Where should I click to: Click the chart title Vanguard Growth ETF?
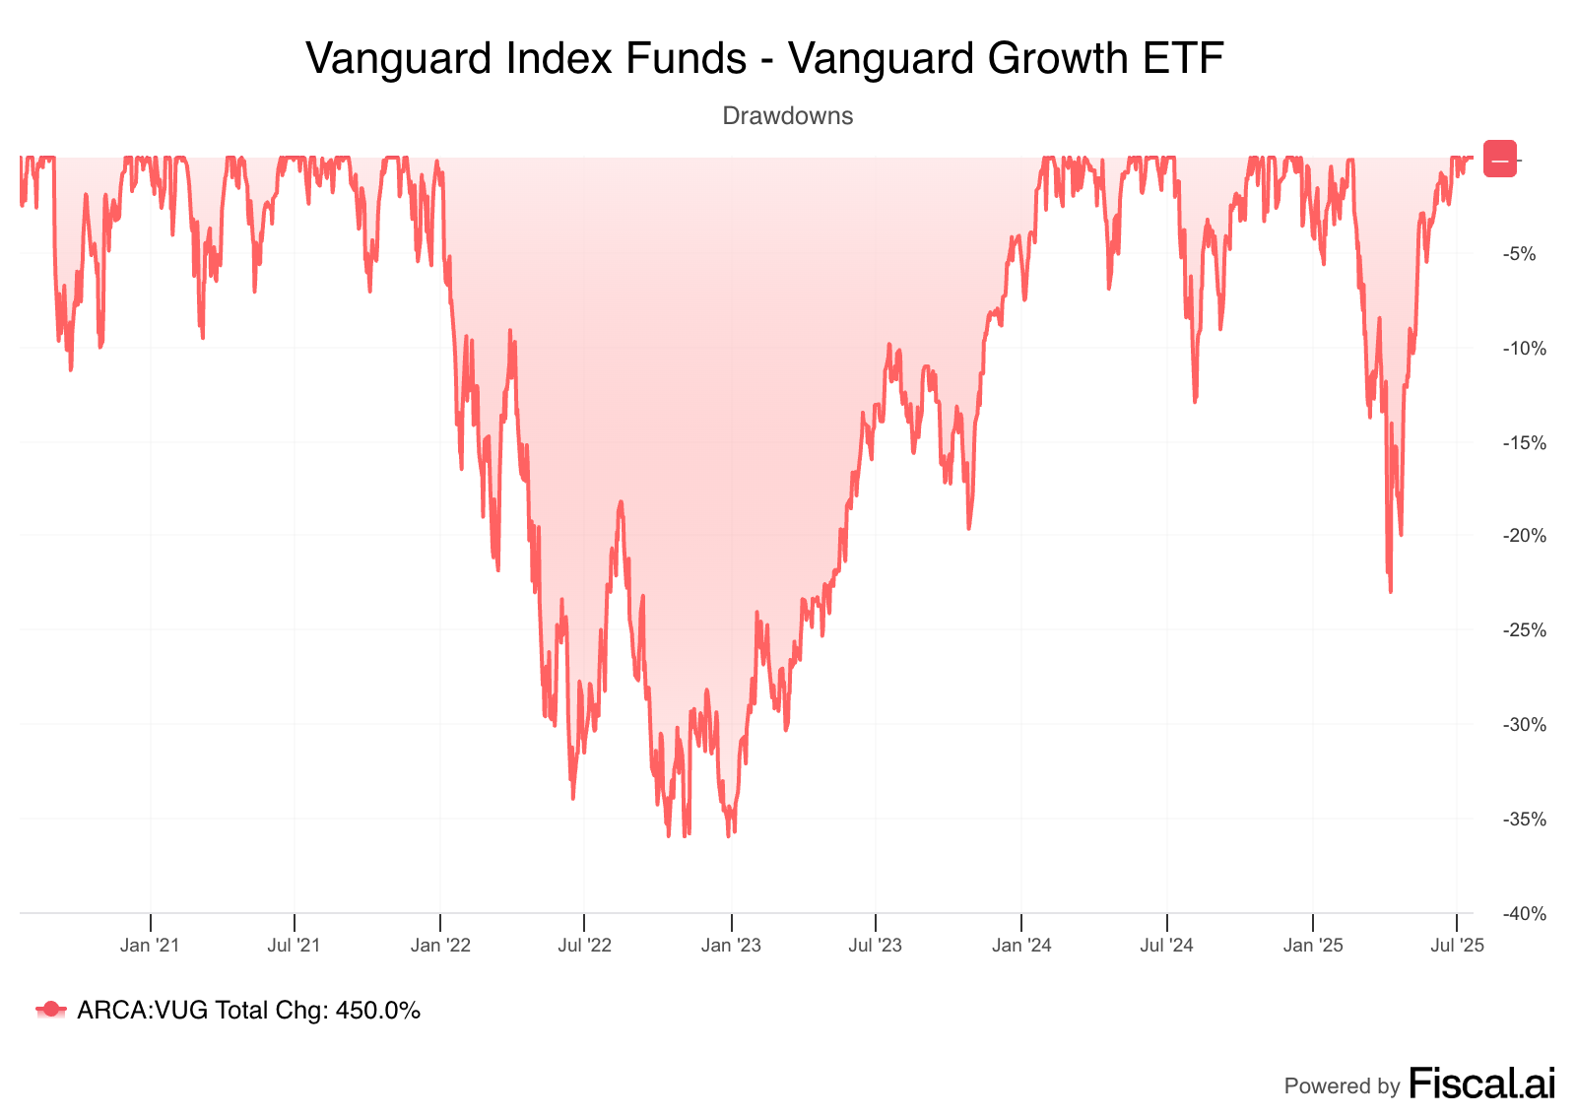(764, 58)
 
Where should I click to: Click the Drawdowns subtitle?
(787, 116)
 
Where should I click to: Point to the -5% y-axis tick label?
(1519, 254)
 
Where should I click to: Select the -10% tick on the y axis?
(1523, 349)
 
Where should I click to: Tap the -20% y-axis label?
(1523, 536)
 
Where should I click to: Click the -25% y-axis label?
(1523, 630)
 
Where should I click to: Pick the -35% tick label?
(1523, 820)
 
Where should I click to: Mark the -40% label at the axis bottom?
(1523, 914)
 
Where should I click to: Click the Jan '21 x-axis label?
(150, 946)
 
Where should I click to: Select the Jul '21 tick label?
(295, 946)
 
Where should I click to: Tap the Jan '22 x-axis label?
(440, 946)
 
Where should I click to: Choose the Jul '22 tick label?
(584, 946)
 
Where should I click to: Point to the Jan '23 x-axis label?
(731, 946)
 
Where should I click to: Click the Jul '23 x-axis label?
(876, 946)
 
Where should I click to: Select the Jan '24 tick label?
(1021, 946)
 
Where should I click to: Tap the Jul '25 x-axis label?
(1457, 946)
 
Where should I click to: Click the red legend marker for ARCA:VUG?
(51, 1010)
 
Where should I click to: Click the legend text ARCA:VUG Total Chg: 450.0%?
(248, 1011)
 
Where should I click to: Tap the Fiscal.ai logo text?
(1482, 1084)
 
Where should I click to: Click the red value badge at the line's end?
(1500, 160)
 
